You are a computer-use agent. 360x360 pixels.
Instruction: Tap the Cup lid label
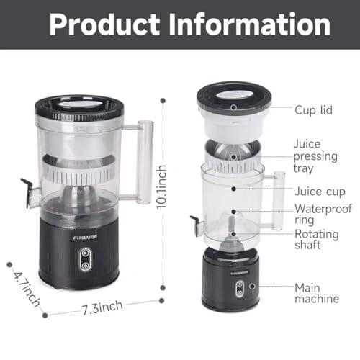point(313,110)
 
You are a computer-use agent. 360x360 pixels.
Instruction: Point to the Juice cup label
point(318,192)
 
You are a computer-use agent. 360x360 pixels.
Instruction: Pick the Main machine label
point(316,294)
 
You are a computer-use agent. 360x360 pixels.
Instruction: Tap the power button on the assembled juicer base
point(85,253)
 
